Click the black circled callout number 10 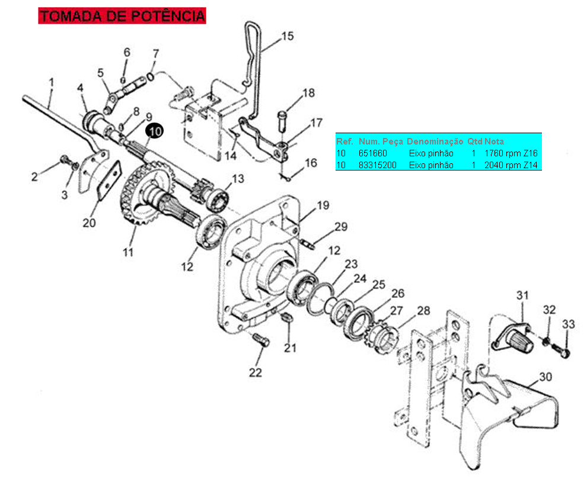point(155,131)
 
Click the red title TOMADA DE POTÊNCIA point(122,16)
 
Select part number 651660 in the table point(373,153)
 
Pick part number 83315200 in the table point(377,165)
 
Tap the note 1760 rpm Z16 point(511,153)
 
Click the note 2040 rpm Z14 point(511,165)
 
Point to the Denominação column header point(435,142)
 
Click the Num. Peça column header point(381,142)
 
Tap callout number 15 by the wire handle point(288,36)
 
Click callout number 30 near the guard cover point(545,377)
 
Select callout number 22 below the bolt point(256,372)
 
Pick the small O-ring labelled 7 point(150,76)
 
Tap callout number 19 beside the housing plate point(323,205)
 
